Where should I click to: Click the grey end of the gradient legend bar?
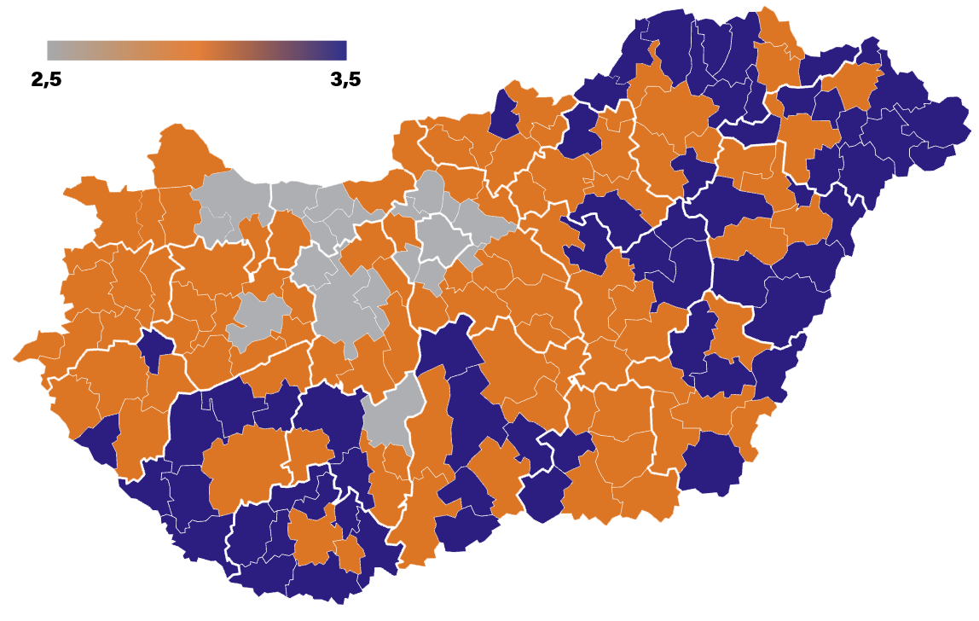click(53, 50)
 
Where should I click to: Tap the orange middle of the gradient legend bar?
click(196, 50)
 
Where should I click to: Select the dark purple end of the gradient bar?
click(340, 50)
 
